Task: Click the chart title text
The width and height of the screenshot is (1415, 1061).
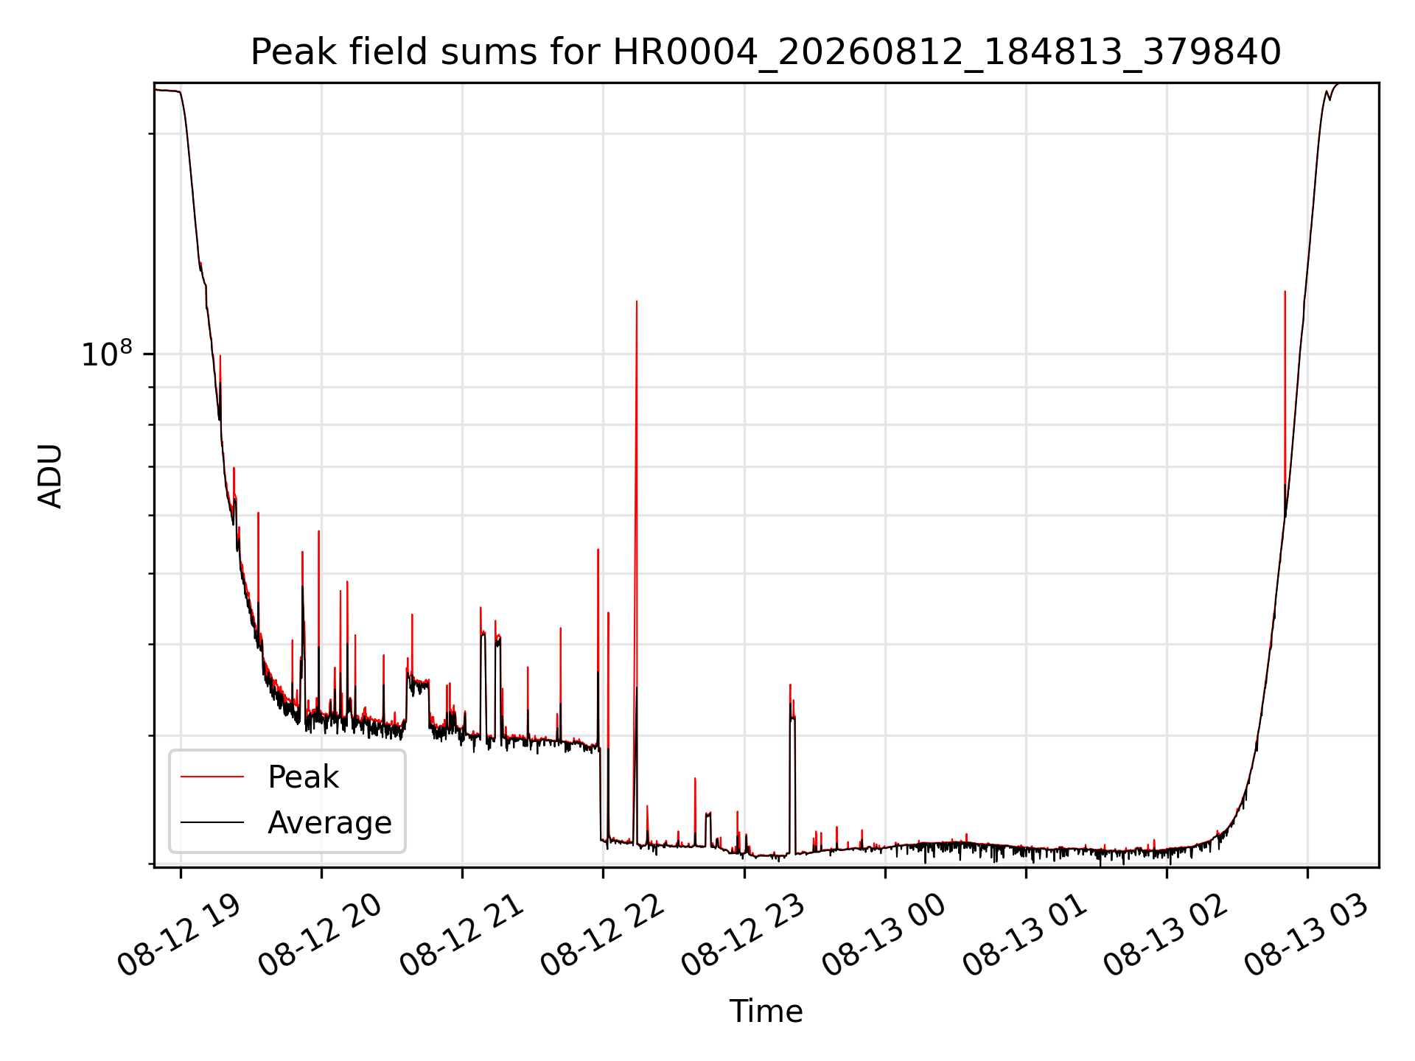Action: coord(766,52)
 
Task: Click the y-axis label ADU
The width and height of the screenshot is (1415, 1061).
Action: coord(50,475)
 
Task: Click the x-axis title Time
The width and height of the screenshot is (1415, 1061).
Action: coord(766,1011)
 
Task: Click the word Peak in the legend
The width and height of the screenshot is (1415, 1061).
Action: coord(303,777)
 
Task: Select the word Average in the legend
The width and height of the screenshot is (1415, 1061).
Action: coord(329,823)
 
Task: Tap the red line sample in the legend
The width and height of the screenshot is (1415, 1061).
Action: coord(212,777)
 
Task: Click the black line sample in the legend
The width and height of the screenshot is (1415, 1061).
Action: coord(212,822)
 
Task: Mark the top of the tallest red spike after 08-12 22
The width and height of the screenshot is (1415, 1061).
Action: coord(637,301)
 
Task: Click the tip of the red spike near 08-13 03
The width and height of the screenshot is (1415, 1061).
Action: coord(1285,291)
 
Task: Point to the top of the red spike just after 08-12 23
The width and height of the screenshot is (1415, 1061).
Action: coord(790,684)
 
